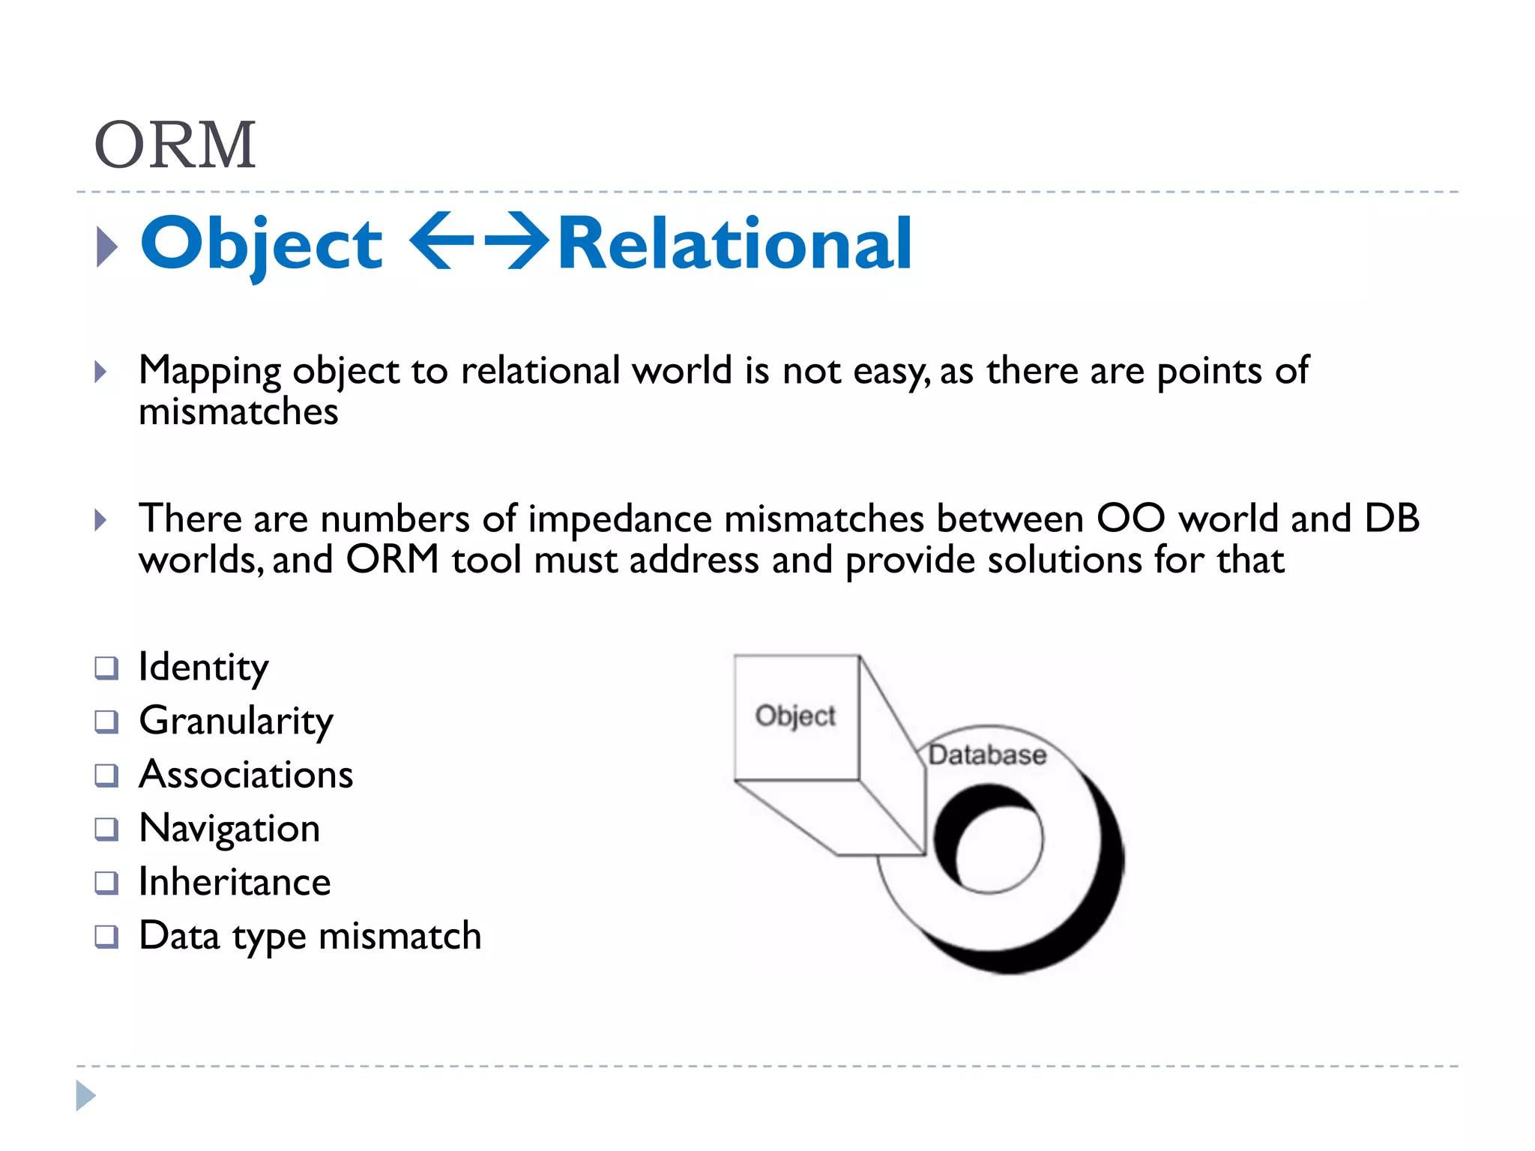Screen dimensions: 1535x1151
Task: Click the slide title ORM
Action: pos(175,145)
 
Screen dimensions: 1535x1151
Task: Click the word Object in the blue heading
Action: pos(262,244)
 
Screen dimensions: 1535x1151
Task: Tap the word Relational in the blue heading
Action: pos(735,243)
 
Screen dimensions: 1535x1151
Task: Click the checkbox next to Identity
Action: pos(106,668)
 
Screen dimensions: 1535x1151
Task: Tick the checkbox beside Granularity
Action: pos(106,722)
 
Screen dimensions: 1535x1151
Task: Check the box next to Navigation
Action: pos(106,830)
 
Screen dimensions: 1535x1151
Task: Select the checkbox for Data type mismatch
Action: pos(106,937)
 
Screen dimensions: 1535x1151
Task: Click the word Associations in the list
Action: pos(246,775)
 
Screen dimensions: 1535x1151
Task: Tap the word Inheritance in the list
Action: pos(235,883)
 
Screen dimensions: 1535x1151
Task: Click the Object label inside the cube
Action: pos(795,716)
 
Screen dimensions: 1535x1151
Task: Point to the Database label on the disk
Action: pos(987,755)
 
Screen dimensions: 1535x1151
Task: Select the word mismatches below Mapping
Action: pos(238,411)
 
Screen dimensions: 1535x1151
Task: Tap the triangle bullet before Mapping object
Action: pos(100,372)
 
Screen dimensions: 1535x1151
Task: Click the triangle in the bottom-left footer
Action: pos(85,1096)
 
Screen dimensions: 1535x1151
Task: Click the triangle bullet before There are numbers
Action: pos(100,520)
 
